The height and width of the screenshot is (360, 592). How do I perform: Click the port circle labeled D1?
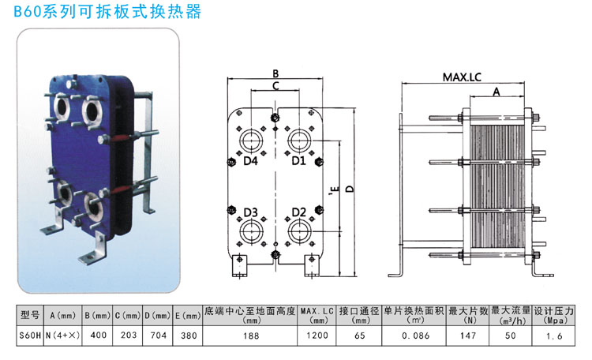click(300, 142)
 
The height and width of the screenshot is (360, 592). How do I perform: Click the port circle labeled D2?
click(300, 231)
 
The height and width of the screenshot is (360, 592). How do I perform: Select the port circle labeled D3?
click(252, 231)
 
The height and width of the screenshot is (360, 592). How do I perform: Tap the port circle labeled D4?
click(252, 142)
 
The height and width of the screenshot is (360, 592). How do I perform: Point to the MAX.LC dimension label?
click(462, 77)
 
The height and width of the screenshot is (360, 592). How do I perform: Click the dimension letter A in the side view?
click(496, 92)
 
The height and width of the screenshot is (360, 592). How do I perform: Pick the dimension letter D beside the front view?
click(348, 188)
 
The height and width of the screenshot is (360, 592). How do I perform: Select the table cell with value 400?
click(99, 336)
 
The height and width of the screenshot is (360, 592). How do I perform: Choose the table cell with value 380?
click(187, 336)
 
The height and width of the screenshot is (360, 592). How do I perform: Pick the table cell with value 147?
click(469, 336)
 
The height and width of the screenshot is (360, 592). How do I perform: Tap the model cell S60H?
click(29, 336)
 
